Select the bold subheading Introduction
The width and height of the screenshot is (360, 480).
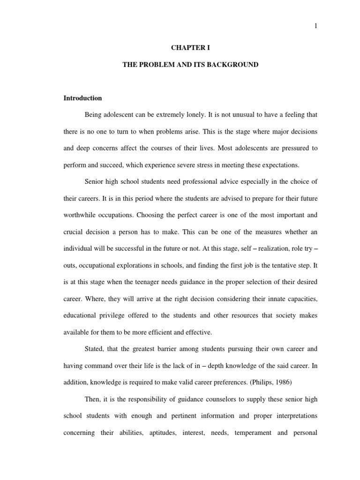(82, 98)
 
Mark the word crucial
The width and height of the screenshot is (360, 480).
(73, 232)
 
